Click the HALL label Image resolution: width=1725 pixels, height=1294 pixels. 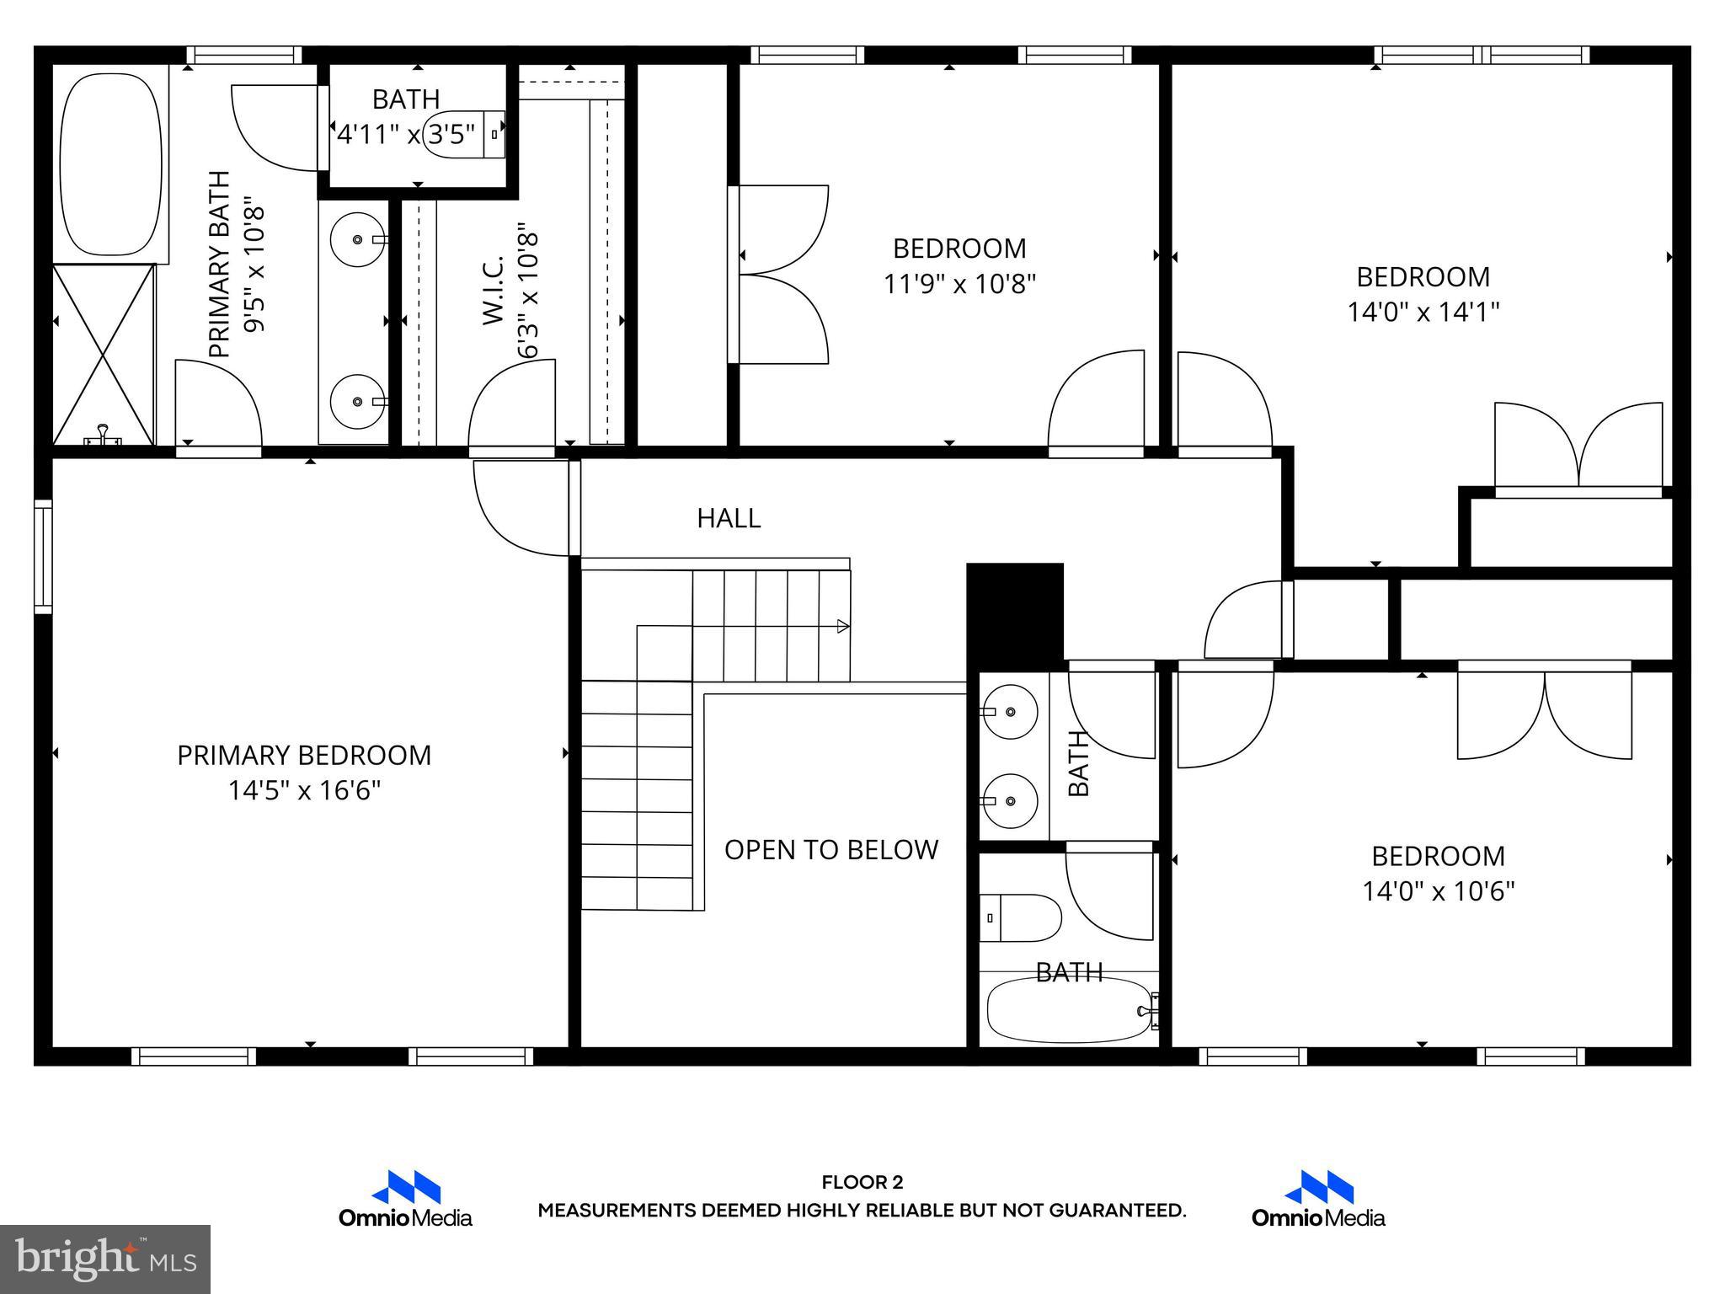click(729, 518)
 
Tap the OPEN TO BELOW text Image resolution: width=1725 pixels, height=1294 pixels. click(830, 849)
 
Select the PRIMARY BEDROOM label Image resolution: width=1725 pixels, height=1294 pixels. click(304, 755)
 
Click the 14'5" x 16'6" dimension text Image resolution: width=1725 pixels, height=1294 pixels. click(304, 790)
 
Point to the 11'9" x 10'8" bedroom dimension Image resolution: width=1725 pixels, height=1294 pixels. click(959, 284)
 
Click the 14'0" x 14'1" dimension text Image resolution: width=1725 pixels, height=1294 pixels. click(1423, 313)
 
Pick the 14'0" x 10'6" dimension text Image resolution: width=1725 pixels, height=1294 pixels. click(1438, 891)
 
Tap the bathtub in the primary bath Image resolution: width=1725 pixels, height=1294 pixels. click(111, 164)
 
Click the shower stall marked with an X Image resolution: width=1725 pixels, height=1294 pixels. click(104, 354)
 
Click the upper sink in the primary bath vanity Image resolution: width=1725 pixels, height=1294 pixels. click(357, 240)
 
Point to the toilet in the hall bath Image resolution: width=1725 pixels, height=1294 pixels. click(1021, 918)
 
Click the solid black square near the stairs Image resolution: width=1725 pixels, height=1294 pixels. click(1015, 610)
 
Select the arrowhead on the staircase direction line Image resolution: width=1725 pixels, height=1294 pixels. click(842, 626)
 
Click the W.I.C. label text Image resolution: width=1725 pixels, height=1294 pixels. click(494, 291)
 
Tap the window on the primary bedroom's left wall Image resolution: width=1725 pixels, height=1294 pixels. click(42, 556)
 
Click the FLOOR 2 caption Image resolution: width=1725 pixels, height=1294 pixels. click(862, 1183)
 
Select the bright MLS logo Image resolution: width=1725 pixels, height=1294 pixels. click(105, 1259)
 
